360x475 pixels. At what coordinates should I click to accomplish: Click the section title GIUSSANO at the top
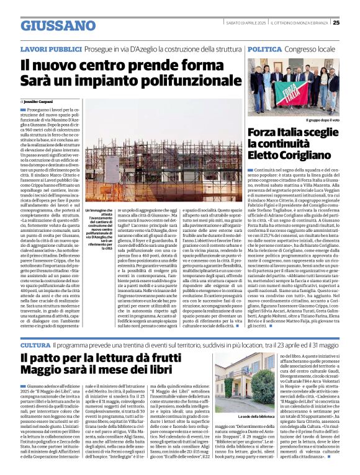click(49, 25)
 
